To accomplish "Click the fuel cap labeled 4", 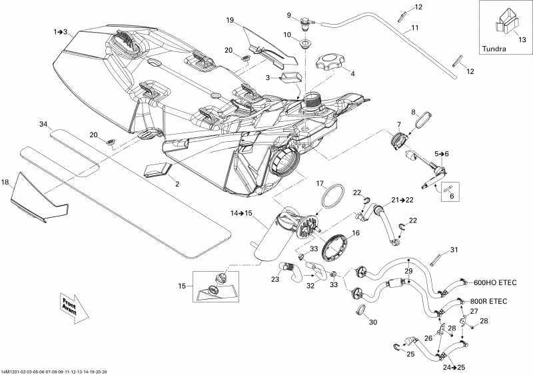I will pyautogui.click(x=330, y=66).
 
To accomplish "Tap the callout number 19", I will pyautogui.click(x=230, y=21).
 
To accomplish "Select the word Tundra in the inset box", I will pyautogui.click(x=493, y=49).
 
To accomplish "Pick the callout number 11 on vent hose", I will pyautogui.click(x=414, y=29).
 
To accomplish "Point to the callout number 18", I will pyautogui.click(x=5, y=182).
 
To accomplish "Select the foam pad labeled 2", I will pyautogui.click(x=158, y=171).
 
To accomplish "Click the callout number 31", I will pyautogui.click(x=454, y=250).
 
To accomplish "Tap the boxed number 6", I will pyautogui.click(x=450, y=196).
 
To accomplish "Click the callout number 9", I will pyautogui.click(x=290, y=15).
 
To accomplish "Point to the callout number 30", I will pyautogui.click(x=373, y=322).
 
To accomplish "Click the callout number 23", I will pyautogui.click(x=275, y=280).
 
